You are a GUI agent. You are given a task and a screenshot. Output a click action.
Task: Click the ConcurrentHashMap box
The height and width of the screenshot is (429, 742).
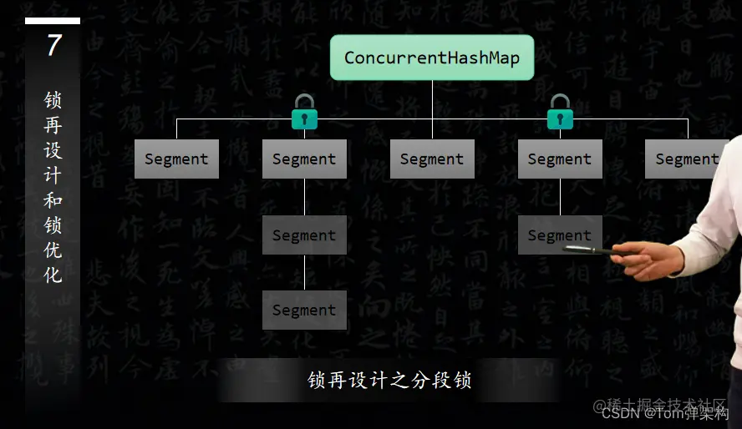(x=431, y=58)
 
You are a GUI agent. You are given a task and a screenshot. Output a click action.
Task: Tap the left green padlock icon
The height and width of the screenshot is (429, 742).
(x=304, y=113)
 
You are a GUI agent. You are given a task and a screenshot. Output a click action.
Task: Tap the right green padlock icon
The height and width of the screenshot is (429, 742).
(x=560, y=113)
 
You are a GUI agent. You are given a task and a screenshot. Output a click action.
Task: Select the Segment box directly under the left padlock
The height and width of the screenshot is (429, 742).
(x=304, y=159)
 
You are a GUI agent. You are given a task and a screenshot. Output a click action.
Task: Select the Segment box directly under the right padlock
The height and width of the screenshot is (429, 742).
(x=560, y=159)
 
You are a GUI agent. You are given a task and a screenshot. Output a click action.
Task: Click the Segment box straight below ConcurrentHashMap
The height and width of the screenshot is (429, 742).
(x=432, y=159)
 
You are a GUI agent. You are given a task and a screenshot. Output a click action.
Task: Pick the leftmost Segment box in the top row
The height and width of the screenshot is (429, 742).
(x=176, y=159)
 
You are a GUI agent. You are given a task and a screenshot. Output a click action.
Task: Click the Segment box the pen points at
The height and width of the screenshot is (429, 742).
(x=558, y=235)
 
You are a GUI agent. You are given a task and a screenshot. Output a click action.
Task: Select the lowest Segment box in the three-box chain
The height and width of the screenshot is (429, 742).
(x=304, y=310)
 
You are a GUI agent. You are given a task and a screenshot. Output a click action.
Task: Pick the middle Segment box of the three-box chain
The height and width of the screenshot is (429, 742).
(x=304, y=235)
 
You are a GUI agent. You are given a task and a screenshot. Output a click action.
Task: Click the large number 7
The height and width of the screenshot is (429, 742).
(x=53, y=45)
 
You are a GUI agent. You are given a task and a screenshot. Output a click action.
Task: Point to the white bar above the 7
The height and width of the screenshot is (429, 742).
(x=53, y=21)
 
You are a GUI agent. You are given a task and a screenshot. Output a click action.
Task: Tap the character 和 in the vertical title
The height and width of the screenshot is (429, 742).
(x=53, y=200)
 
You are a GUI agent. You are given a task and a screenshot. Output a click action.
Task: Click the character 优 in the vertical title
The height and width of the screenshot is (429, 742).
(x=53, y=250)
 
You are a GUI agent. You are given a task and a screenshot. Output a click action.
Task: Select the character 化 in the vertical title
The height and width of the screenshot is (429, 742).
(x=53, y=275)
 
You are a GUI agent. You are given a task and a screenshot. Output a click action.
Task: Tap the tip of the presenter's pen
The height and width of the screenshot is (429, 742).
(x=565, y=246)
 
